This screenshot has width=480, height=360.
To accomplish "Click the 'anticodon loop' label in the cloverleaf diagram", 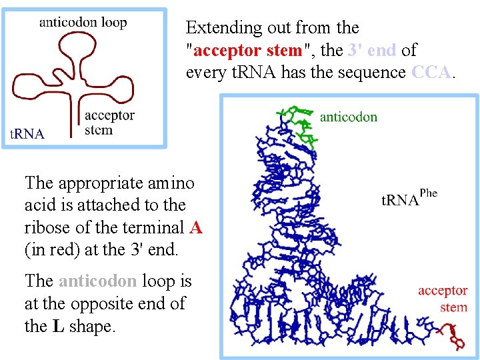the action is (x=83, y=22).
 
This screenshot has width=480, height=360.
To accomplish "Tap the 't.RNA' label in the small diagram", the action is (x=27, y=134).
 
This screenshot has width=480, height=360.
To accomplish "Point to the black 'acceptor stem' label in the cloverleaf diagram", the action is (x=110, y=123).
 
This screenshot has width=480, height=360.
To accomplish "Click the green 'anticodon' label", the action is (x=348, y=117).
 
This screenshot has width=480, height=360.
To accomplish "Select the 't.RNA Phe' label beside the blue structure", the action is (x=409, y=198).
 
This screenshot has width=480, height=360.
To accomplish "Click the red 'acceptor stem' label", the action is (x=443, y=299).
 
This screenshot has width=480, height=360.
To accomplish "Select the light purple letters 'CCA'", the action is (x=433, y=72).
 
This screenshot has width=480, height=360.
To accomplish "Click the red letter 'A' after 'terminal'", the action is (x=195, y=227).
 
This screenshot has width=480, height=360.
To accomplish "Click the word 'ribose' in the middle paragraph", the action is (x=47, y=227).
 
